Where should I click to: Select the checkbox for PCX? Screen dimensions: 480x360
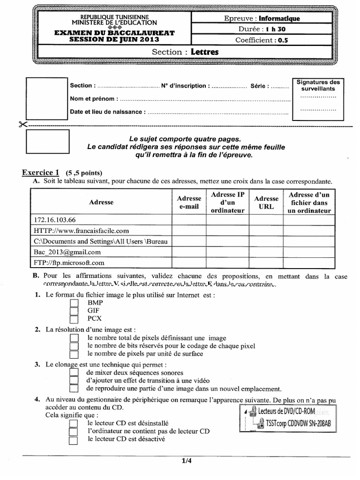point(73,319)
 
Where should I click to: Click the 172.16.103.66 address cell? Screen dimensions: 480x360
point(55,219)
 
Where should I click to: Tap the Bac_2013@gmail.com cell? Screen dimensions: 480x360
point(67,252)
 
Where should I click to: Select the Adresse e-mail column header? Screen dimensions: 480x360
point(189,202)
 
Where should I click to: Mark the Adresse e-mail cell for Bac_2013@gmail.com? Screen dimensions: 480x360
point(189,252)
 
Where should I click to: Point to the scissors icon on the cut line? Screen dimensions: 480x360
point(23,125)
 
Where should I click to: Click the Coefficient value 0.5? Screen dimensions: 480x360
point(283,40)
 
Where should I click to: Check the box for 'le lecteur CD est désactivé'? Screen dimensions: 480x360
point(73,440)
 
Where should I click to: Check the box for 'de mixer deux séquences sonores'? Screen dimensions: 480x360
point(73,372)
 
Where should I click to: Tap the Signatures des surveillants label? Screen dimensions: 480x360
point(318,85)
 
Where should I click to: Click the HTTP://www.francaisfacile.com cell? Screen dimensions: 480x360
point(81,230)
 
